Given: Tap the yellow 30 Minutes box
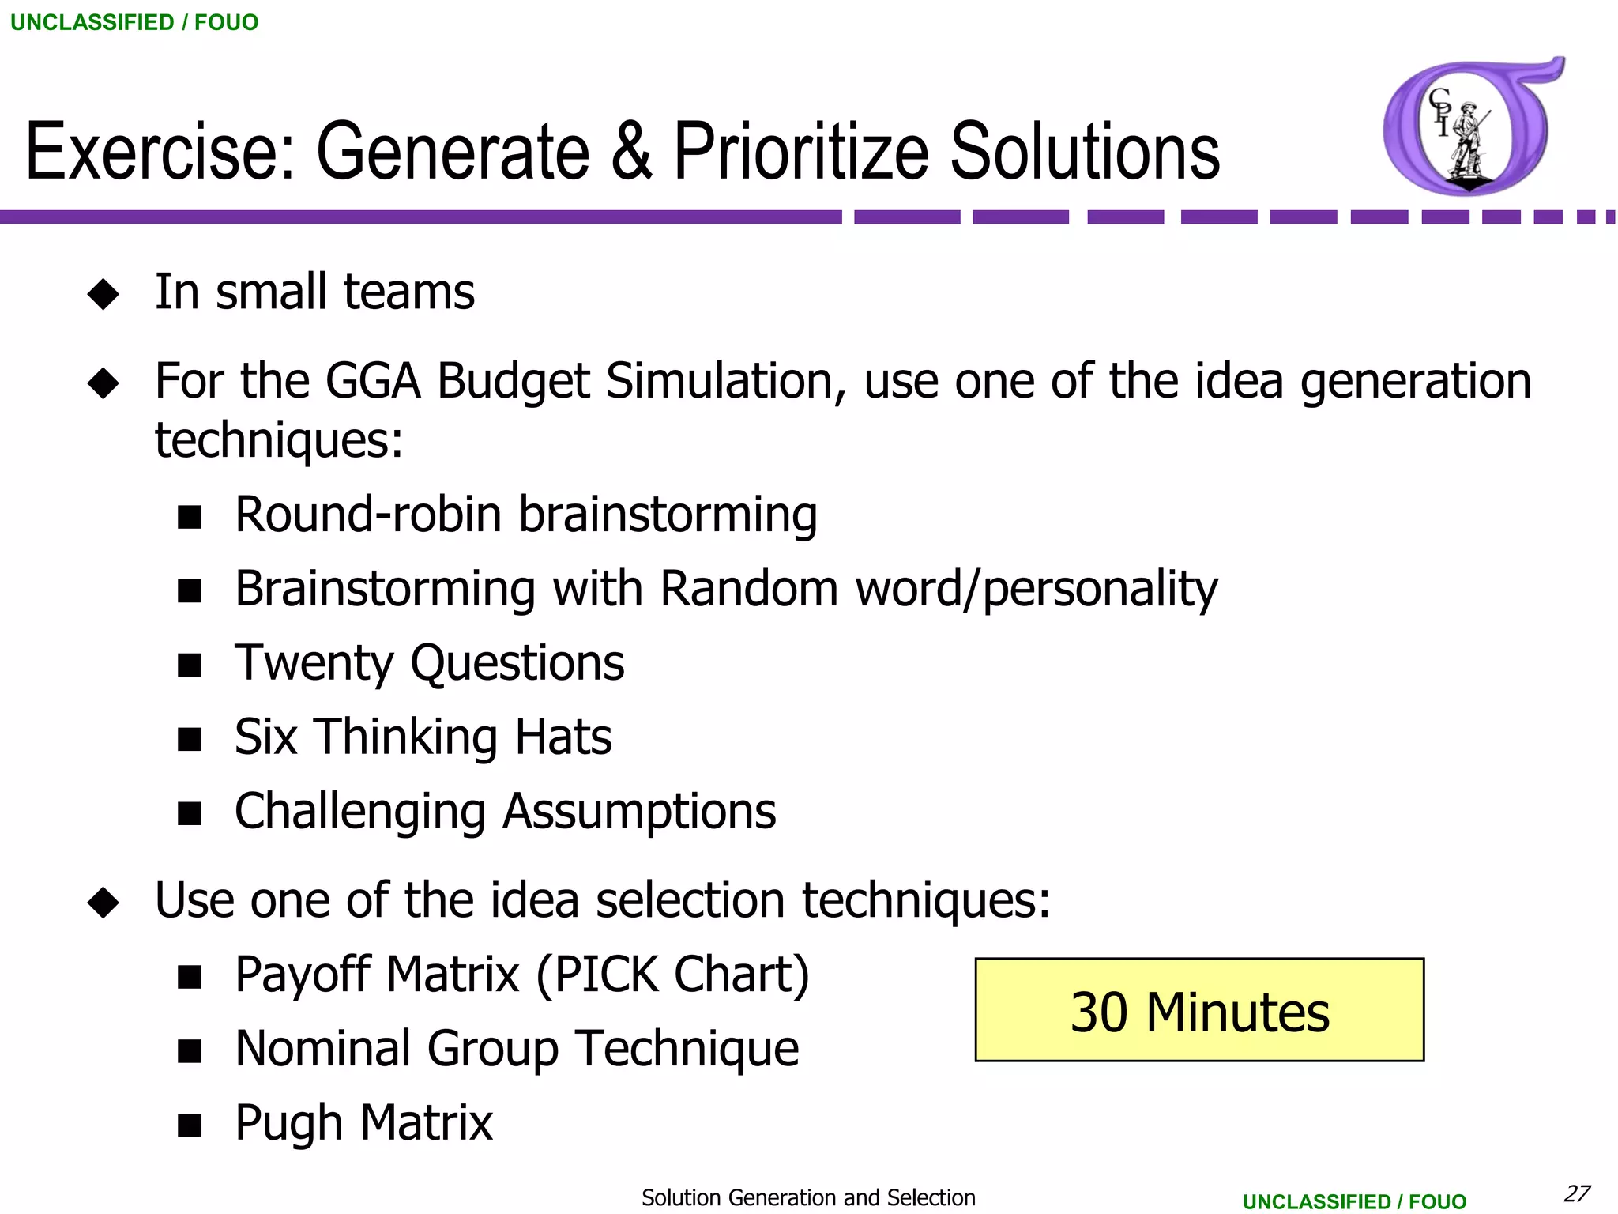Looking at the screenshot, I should [x=1199, y=1010].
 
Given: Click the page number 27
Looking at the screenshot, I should [x=1577, y=1193].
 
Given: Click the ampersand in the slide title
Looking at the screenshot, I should [x=631, y=152].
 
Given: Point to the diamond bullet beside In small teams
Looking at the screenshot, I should [x=103, y=294].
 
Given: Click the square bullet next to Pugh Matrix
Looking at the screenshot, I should [x=190, y=1125].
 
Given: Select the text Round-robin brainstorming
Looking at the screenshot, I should [x=525, y=515].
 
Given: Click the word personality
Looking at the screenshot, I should [x=1101, y=590].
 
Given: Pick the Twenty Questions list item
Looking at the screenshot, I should [x=429, y=663].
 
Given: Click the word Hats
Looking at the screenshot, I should [x=563, y=737].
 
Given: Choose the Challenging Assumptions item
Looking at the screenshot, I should [x=505, y=812].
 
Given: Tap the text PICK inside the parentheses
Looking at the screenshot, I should [x=606, y=975].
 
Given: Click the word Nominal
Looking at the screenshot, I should [x=323, y=1049].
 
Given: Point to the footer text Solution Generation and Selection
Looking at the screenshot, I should [x=808, y=1197].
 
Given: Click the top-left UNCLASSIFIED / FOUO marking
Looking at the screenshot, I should [x=134, y=22].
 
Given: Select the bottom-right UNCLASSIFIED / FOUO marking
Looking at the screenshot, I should [x=1354, y=1201].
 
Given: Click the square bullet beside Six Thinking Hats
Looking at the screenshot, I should [x=190, y=739].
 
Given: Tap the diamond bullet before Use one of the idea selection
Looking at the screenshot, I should [x=103, y=902].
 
